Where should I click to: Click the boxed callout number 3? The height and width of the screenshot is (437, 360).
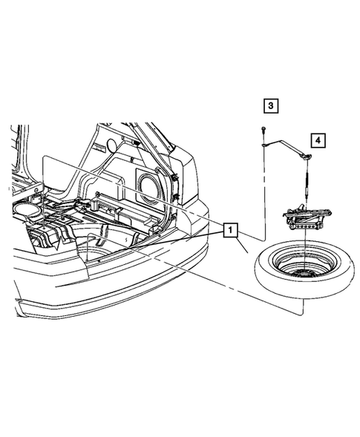pyautogui.click(x=271, y=106)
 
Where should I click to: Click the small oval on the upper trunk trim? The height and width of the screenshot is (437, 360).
pyautogui.click(x=111, y=143)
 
